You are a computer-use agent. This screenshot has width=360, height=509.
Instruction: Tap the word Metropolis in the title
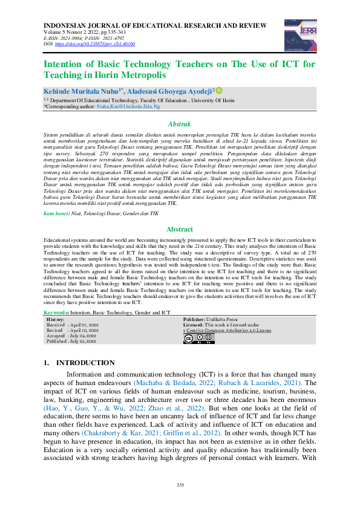140,75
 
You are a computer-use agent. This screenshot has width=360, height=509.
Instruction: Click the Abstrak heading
179,123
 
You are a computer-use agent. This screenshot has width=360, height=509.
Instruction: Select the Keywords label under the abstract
57,313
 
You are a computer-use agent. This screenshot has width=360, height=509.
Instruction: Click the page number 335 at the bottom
180,485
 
